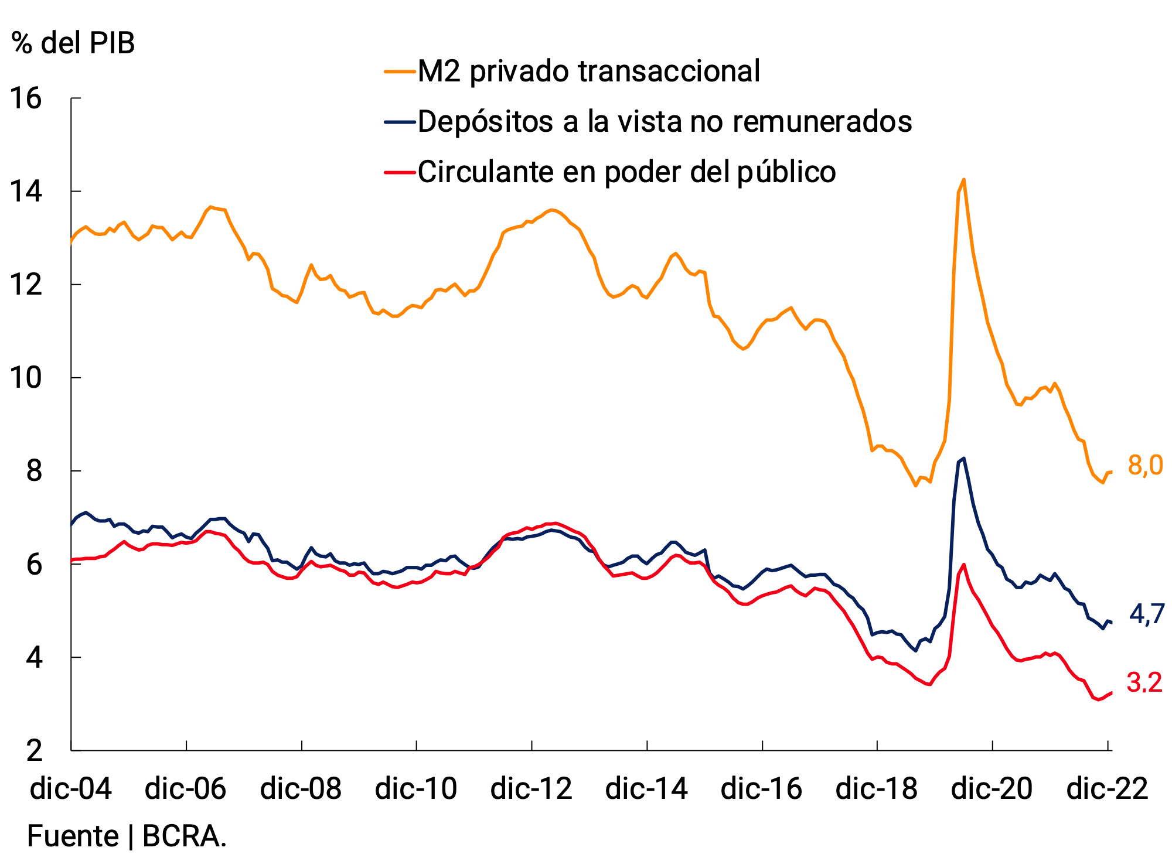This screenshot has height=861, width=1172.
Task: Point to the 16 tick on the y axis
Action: [26, 98]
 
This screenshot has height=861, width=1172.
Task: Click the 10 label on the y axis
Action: [26, 378]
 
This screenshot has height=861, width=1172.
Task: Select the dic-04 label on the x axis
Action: [71, 788]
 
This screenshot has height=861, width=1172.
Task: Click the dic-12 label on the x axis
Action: [531, 788]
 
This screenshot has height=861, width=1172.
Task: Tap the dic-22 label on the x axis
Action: [1107, 788]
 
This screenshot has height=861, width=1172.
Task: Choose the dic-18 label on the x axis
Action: [877, 788]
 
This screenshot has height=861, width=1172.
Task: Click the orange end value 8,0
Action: [1145, 466]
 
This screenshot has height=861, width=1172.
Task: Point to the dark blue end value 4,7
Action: [1146, 614]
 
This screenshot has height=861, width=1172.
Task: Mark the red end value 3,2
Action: [1144, 683]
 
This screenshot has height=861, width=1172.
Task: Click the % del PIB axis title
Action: [73, 43]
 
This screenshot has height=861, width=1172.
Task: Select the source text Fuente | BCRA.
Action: [127, 836]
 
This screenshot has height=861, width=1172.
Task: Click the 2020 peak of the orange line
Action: [963, 180]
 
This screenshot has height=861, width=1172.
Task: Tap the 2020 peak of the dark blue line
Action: [964, 459]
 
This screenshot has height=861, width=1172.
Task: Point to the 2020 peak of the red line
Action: [963, 564]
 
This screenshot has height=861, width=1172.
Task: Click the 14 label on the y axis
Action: [26, 192]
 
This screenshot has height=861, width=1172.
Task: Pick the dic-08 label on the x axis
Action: [301, 788]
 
